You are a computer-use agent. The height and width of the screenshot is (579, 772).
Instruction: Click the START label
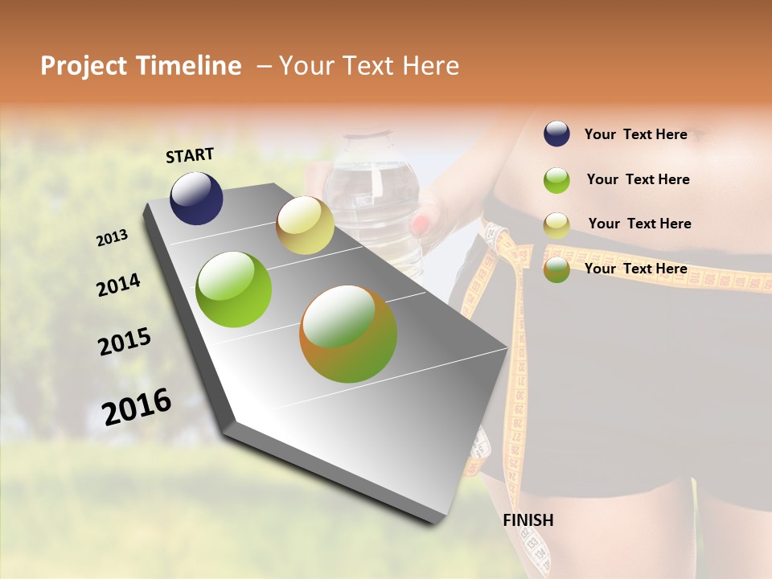(190, 155)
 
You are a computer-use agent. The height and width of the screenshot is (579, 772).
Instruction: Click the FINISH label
(528, 520)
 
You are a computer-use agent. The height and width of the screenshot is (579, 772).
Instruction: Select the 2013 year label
(112, 238)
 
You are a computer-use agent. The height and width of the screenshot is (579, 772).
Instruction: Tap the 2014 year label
(118, 285)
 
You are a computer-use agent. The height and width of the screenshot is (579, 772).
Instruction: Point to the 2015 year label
(125, 342)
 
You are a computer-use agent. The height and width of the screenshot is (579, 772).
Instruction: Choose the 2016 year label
(137, 407)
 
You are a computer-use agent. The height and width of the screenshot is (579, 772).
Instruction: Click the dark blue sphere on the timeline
(196, 199)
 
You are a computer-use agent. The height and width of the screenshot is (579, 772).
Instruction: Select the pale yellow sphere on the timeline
(305, 225)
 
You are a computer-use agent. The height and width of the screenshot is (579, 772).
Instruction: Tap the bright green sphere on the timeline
(234, 289)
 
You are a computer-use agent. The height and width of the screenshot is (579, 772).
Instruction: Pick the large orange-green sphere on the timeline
(348, 334)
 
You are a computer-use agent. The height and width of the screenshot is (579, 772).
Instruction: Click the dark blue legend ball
(556, 134)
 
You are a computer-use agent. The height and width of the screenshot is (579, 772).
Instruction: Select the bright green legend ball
(556, 180)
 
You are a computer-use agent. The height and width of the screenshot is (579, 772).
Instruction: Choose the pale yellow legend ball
(556, 225)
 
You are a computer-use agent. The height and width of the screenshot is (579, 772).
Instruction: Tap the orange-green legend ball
(556, 270)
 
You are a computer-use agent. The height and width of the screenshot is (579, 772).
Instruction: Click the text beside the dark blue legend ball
(635, 135)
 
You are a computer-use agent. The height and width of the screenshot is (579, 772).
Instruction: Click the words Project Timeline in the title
(141, 66)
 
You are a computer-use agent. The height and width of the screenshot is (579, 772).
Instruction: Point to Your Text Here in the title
(368, 66)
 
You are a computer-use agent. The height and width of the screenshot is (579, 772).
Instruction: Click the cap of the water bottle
(371, 138)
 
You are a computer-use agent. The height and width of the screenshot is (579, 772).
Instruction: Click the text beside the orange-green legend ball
(635, 269)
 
